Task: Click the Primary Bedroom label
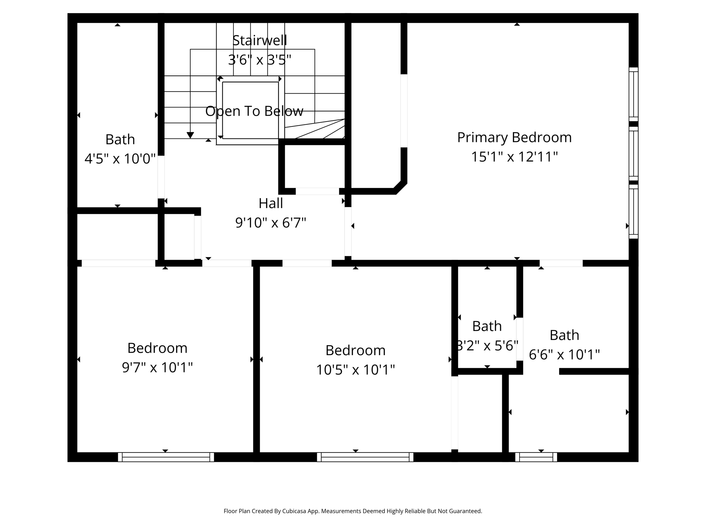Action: pos(514,137)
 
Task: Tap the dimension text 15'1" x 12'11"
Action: pos(514,157)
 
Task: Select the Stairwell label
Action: pos(259,40)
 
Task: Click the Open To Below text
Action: pos(254,111)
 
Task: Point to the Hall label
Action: pos(271,203)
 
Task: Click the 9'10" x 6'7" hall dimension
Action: pos(271,222)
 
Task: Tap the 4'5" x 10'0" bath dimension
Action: pos(120,159)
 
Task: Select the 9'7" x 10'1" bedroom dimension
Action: pos(157,367)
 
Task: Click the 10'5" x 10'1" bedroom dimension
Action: pos(355,370)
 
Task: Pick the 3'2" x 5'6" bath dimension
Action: pos(487,345)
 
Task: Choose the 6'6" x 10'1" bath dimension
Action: pos(564,354)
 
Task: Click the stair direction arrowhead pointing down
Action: pos(190,135)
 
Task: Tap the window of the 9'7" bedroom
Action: pos(166,457)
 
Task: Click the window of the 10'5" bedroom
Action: pos(365,457)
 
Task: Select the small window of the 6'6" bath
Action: pos(536,457)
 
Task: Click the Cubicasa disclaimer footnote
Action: pos(353,511)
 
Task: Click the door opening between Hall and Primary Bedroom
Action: pos(348,231)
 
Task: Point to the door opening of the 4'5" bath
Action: pos(161,177)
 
